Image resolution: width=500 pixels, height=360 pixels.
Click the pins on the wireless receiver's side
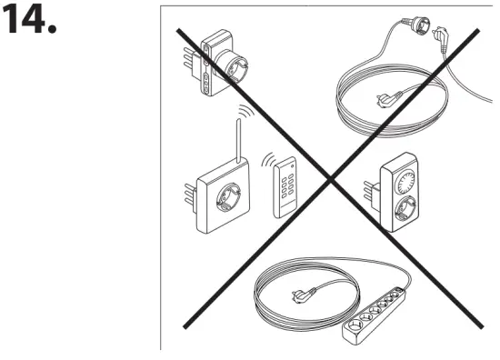(x=190, y=190)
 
